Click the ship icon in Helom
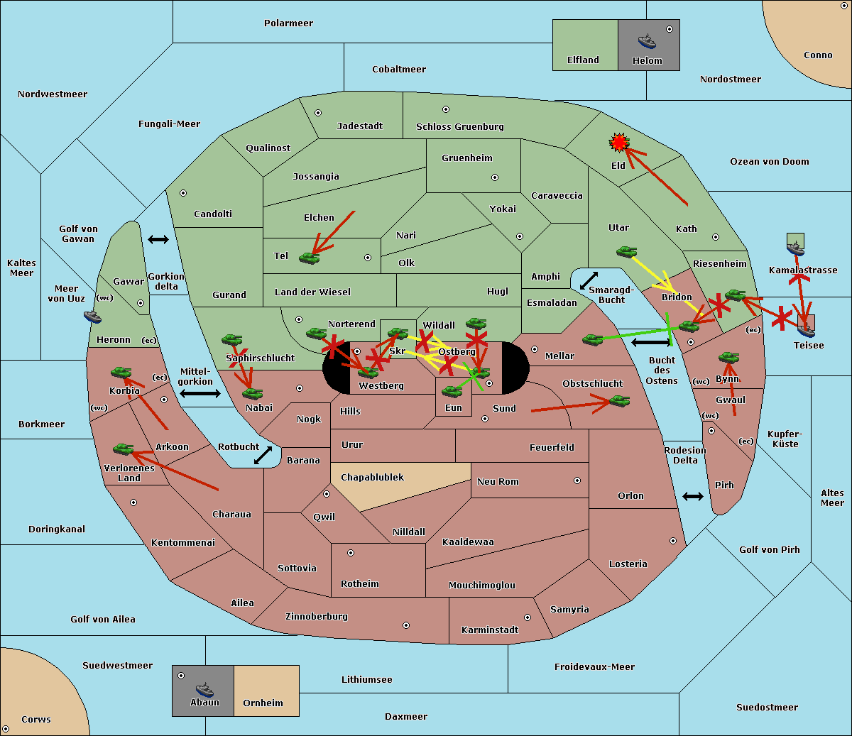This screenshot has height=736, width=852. [647, 41]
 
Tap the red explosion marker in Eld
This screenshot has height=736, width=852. [619, 143]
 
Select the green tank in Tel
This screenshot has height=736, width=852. [309, 258]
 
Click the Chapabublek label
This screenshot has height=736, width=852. [372, 477]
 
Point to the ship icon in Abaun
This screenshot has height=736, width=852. [204, 689]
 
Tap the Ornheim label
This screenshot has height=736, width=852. [263, 703]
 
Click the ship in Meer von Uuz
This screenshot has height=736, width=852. [92, 316]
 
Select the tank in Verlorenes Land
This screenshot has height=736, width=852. [123, 449]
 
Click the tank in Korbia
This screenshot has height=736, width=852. [121, 373]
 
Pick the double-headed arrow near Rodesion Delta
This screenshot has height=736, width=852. [693, 496]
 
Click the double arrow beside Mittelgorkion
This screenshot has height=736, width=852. [200, 393]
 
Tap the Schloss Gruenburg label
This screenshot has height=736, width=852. [459, 126]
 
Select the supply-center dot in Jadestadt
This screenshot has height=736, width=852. [318, 113]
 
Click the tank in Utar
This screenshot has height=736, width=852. [626, 252]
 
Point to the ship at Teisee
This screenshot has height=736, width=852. [805, 329]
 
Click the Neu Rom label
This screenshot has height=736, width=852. [498, 481]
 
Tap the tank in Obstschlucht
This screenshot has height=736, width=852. [619, 402]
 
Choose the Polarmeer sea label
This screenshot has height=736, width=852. [288, 23]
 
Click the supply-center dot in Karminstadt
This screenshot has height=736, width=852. [528, 617]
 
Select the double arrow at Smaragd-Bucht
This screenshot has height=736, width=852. [589, 281]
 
